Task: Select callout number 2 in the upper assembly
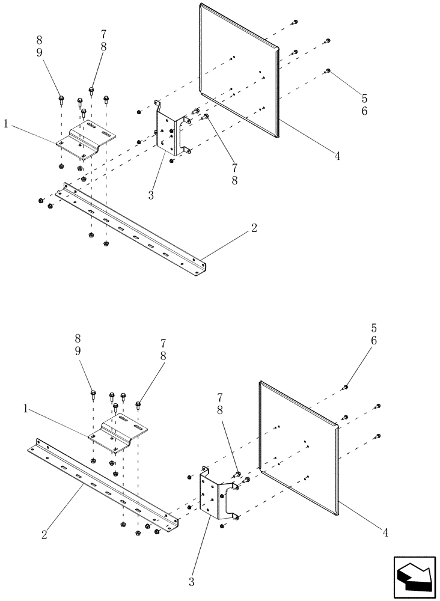254,228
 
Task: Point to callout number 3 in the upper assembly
151,195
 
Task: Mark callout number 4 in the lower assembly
385,532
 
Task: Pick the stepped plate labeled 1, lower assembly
118,432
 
